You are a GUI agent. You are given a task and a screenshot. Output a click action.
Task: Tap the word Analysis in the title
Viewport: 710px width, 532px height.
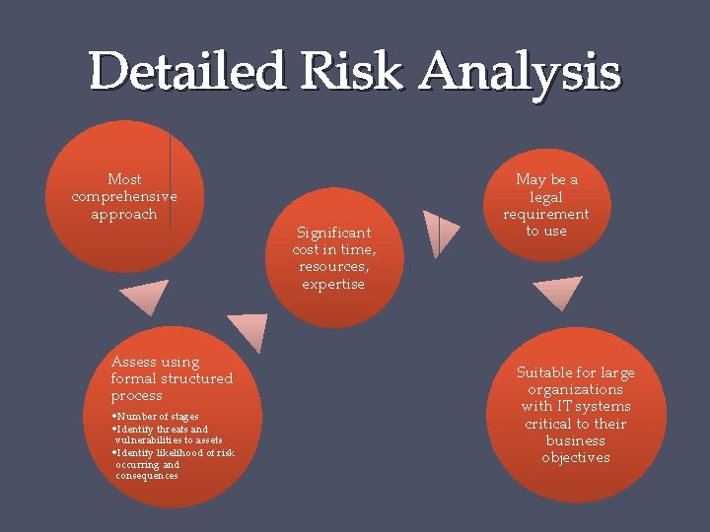click(520, 72)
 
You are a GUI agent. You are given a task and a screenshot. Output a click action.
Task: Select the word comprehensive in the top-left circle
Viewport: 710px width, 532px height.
click(124, 196)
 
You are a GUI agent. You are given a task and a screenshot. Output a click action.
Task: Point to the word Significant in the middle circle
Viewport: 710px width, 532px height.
click(334, 233)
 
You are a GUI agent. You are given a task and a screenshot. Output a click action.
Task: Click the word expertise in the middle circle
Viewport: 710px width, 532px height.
click(333, 284)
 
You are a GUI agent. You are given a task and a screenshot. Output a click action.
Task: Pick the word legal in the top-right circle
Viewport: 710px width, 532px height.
click(545, 197)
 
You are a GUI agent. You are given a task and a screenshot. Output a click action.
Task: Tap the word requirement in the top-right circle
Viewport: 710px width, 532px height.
click(545, 214)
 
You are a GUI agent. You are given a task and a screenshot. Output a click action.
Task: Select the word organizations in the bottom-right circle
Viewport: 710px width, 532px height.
click(575, 389)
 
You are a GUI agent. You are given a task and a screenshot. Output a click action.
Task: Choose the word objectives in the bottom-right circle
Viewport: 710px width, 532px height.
click(575, 457)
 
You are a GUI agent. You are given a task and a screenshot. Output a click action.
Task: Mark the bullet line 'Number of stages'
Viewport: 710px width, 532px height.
click(156, 417)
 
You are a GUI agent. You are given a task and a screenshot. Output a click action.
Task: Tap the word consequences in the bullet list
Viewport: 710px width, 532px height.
click(147, 476)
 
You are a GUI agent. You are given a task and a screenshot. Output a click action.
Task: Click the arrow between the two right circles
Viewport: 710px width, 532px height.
click(558, 292)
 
